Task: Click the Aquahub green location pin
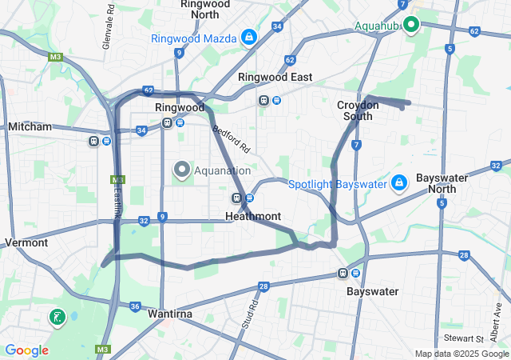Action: pos(411,25)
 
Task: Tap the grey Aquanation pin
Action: pos(181,170)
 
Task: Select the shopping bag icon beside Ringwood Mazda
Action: pos(249,37)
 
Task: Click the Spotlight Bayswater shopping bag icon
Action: pos(399,183)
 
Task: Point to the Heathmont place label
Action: pos(253,216)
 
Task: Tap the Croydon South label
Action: pos(355,110)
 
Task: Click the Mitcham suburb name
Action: pos(30,126)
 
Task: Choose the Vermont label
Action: pos(26,242)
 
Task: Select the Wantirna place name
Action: pos(170,314)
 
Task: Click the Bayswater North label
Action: pos(442,182)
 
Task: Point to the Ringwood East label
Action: pos(275,77)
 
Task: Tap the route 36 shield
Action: pos(135,306)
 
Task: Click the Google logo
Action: pos(26,350)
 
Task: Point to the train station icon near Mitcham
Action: pos(94,142)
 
